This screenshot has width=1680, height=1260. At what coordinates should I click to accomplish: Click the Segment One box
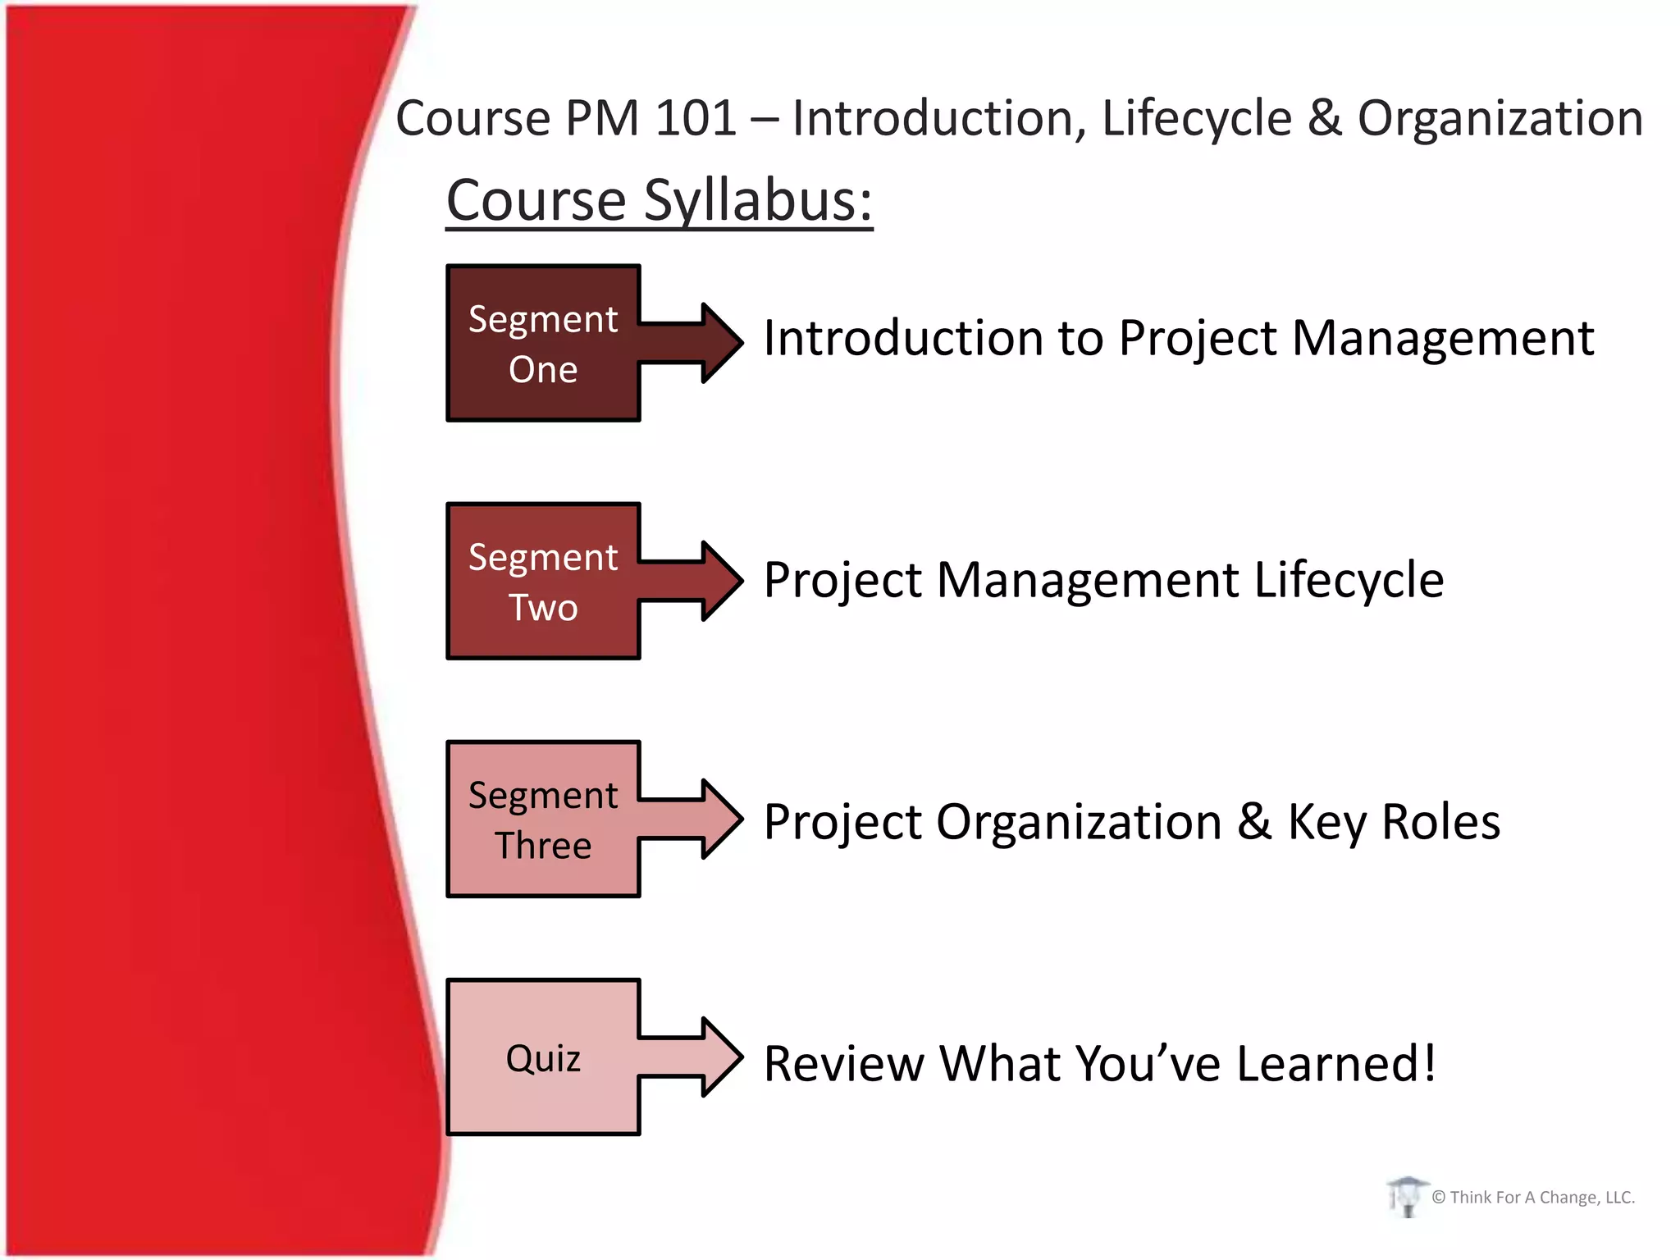[x=542, y=343]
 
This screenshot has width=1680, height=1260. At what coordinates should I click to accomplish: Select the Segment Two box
[x=542, y=581]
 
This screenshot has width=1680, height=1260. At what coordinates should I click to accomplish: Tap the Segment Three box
[x=542, y=819]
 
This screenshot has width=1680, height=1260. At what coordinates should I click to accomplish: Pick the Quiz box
[x=542, y=1057]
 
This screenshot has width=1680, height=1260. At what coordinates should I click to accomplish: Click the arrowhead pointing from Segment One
[x=720, y=342]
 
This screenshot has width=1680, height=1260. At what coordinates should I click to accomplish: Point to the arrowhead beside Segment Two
[x=720, y=581]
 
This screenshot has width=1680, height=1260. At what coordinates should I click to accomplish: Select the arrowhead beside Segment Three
[x=720, y=819]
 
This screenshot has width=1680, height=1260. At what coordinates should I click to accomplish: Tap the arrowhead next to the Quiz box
[x=720, y=1057]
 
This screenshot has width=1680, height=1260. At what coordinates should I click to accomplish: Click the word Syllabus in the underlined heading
[x=758, y=200]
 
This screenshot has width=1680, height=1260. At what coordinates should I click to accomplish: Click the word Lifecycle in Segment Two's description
[x=1349, y=580]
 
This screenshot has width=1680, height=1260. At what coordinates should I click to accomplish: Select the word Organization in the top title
[x=1500, y=118]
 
